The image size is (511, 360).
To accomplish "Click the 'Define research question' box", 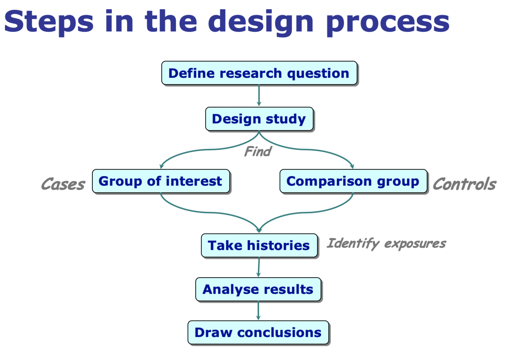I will click(259, 73).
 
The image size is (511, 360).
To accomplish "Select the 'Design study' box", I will click(259, 119).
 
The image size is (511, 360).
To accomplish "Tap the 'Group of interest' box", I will click(161, 181).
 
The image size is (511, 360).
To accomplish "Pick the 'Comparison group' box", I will click(353, 181).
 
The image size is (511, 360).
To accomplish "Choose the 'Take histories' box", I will click(259, 245).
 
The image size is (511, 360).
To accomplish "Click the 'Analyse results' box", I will click(258, 289).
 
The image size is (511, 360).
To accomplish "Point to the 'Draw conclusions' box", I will click(258, 332).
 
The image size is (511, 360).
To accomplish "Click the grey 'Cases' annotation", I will click(63, 184).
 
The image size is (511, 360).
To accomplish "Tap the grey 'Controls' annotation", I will click(464, 184).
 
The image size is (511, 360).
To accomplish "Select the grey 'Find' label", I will click(258, 152).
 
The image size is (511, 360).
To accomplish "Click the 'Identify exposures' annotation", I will click(386, 243).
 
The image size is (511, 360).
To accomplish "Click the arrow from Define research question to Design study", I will click(259, 95).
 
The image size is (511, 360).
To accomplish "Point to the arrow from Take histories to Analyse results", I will click(259, 267).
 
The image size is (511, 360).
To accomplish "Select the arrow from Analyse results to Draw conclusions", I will click(258, 311).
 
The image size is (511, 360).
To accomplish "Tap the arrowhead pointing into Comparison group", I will click(352, 166).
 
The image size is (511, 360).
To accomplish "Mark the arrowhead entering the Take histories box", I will click(259, 230).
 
